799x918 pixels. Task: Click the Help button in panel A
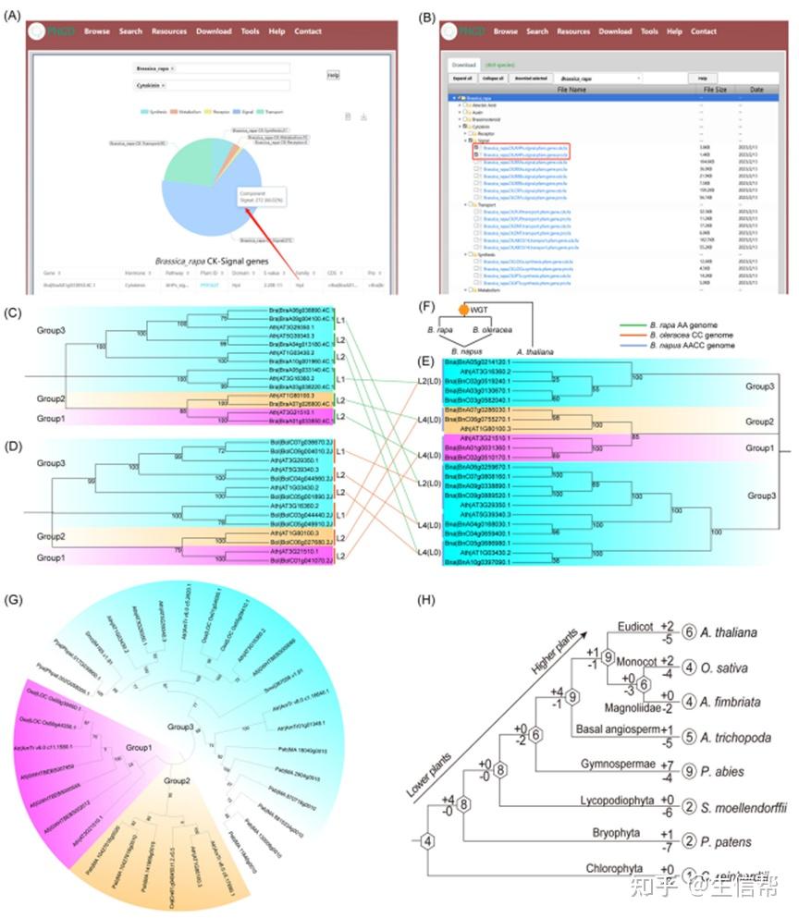(333, 75)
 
